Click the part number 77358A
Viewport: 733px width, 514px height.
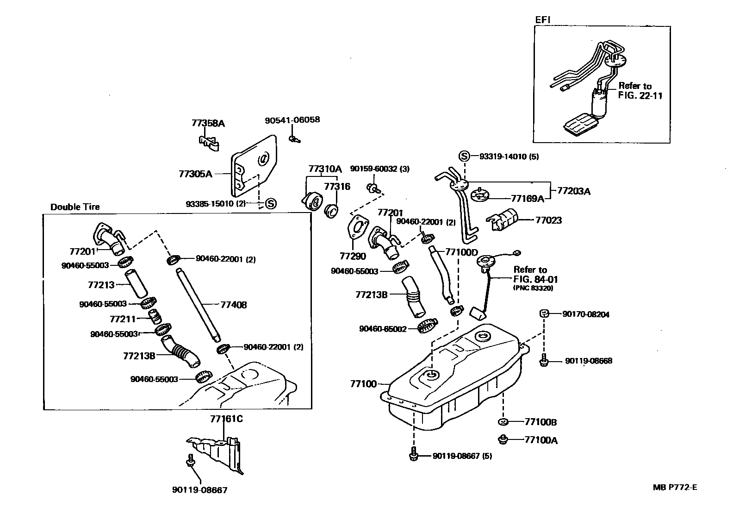point(208,123)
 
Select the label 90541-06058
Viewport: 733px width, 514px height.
point(292,120)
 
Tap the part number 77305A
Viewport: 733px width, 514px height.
point(195,174)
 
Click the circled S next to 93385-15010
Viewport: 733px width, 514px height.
point(270,203)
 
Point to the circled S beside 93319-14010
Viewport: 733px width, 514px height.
point(464,156)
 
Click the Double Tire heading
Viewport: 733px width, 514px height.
point(75,207)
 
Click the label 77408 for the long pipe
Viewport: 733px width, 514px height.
point(234,305)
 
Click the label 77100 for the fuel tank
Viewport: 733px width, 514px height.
point(363,384)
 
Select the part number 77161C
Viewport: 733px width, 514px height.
point(226,420)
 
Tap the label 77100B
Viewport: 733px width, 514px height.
point(540,422)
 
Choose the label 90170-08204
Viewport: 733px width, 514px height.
point(586,314)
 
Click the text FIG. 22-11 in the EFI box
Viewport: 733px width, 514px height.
point(640,96)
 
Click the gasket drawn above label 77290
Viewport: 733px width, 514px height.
point(357,228)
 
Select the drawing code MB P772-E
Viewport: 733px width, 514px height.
point(675,487)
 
